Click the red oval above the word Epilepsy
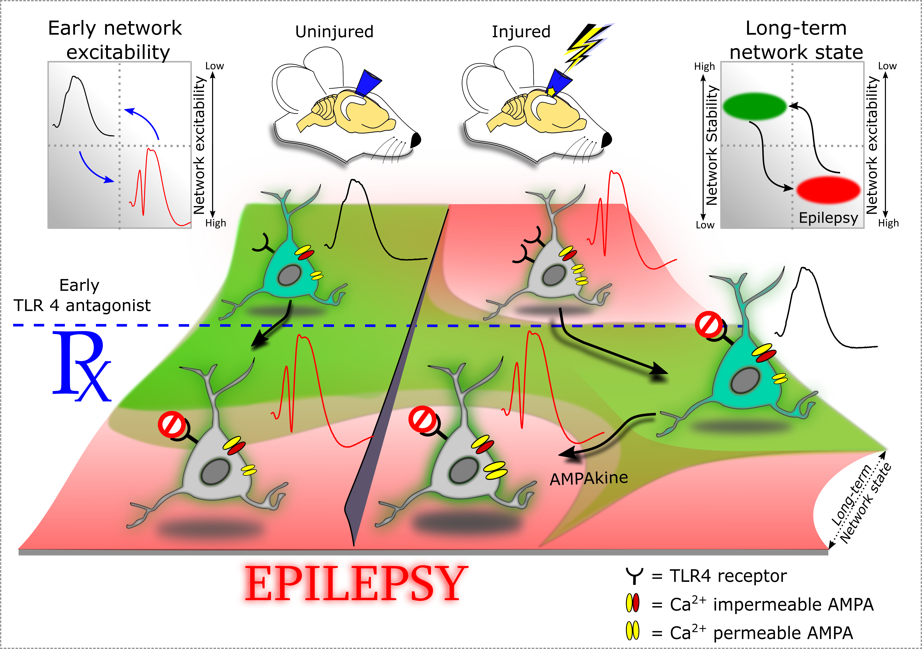click(x=828, y=190)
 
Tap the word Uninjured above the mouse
click(x=334, y=32)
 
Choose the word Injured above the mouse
click(x=521, y=32)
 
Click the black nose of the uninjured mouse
click(x=416, y=140)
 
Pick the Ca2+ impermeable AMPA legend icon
click(x=633, y=603)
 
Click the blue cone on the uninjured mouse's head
click(x=369, y=82)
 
